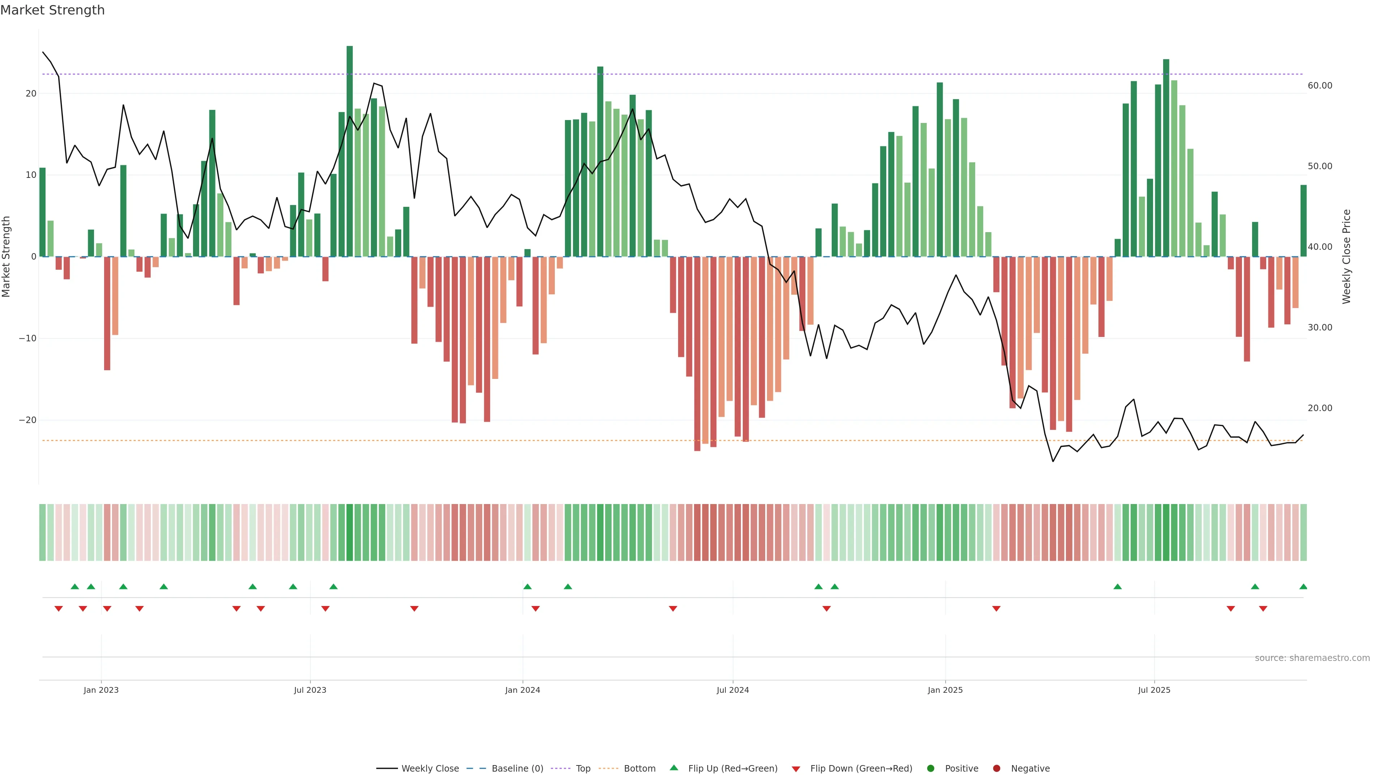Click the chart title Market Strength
click(52, 10)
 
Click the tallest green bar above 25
click(350, 151)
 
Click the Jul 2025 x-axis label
click(1154, 690)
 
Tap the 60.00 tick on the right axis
click(1320, 86)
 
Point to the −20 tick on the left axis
click(27, 420)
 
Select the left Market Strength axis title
click(7, 257)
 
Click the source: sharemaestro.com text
click(1312, 658)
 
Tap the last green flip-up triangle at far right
click(1303, 586)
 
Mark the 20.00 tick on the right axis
click(1320, 408)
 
